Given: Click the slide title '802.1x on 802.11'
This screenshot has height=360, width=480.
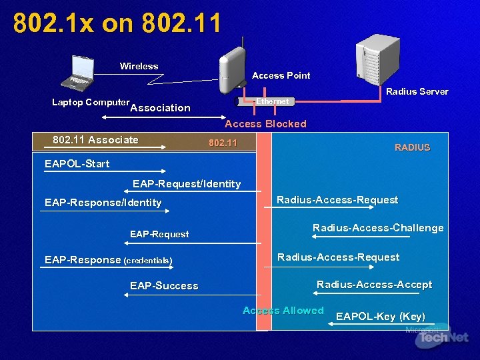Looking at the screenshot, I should pyautogui.click(x=117, y=23).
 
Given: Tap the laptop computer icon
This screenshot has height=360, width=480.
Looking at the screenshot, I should pyautogui.click(x=85, y=72).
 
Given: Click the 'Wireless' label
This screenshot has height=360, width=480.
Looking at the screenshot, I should pyautogui.click(x=139, y=66).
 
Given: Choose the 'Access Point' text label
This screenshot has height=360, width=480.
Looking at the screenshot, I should pyautogui.click(x=281, y=75).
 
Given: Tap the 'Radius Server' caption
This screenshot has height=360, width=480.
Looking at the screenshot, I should pyautogui.click(x=417, y=91).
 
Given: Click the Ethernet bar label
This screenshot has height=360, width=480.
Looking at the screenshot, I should pyautogui.click(x=273, y=101).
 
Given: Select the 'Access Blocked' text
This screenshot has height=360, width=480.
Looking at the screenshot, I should pyautogui.click(x=265, y=123).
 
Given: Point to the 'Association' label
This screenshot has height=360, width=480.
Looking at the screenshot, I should pyautogui.click(x=161, y=108).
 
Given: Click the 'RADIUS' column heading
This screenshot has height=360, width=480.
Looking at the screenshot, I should pyautogui.click(x=412, y=147).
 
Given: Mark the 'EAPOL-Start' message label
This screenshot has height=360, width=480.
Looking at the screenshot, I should pyautogui.click(x=77, y=163).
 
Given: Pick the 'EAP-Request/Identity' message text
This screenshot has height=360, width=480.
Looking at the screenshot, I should pyautogui.click(x=187, y=184).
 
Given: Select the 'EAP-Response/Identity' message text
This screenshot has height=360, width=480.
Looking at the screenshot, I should pyautogui.click(x=103, y=203).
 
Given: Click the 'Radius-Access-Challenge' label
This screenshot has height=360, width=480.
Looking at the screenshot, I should pyautogui.click(x=378, y=228).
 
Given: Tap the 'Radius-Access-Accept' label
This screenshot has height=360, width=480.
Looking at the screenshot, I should pyautogui.click(x=374, y=285).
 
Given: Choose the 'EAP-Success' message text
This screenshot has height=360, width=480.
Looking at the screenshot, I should pyautogui.click(x=164, y=286).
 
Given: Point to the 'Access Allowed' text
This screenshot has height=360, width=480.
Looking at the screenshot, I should pyautogui.click(x=283, y=311).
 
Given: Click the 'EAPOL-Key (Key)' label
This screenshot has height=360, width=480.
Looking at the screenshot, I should pyautogui.click(x=380, y=316).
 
